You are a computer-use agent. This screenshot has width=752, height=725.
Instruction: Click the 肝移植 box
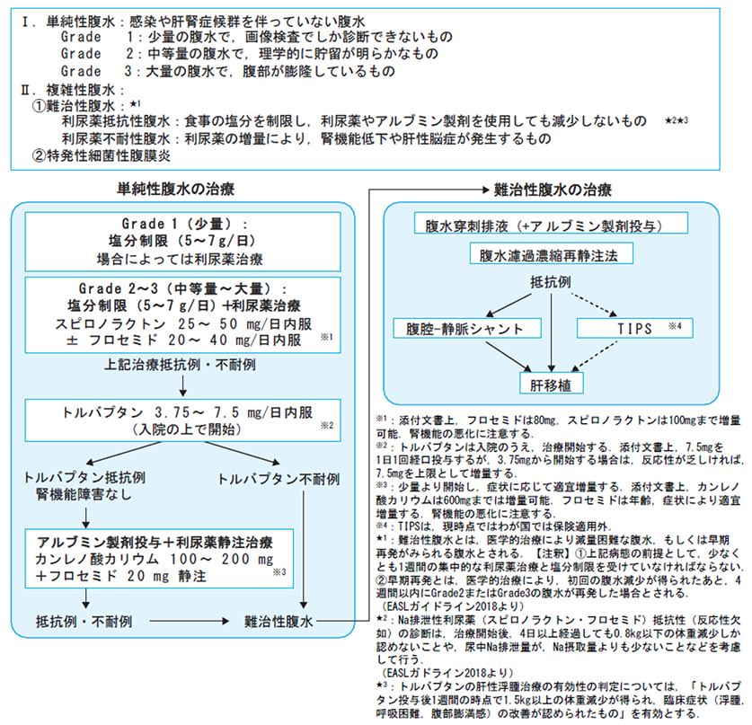click(551, 383)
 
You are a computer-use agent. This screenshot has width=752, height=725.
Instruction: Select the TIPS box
click(634, 328)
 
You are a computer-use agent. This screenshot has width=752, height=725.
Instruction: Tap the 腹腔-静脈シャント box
click(467, 328)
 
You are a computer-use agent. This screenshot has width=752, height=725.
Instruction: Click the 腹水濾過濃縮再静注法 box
click(551, 253)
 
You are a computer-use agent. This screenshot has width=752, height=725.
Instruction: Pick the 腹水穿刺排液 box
click(551, 223)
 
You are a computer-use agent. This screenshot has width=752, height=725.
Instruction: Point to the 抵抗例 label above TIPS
click(551, 282)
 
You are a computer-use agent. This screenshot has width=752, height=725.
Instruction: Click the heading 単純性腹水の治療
click(176, 189)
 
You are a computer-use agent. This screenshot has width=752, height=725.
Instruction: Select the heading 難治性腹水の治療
click(553, 190)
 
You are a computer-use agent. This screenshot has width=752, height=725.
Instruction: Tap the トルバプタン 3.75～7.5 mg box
click(182, 420)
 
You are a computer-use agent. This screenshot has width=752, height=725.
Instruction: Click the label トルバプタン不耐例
click(279, 479)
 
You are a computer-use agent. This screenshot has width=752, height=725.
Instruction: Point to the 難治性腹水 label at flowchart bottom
click(279, 622)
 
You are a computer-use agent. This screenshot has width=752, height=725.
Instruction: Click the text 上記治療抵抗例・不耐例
click(180, 365)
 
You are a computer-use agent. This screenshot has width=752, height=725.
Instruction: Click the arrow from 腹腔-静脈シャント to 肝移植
click(509, 357)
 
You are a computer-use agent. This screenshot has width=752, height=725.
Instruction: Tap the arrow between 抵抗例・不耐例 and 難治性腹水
click(190, 622)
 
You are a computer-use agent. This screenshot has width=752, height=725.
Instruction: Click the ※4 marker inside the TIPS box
click(676, 326)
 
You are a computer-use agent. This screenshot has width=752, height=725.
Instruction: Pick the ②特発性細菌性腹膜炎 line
click(102, 155)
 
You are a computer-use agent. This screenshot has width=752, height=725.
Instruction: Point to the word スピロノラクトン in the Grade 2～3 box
click(111, 323)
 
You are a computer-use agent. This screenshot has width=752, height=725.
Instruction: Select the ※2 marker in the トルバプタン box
click(327, 425)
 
